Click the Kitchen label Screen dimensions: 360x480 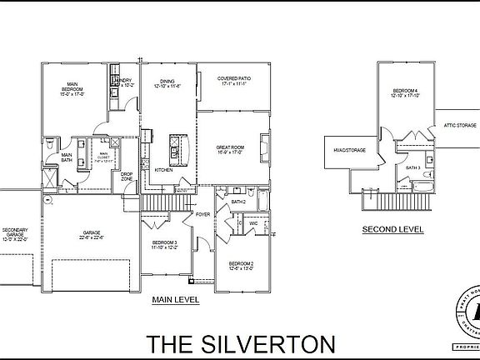(164, 170)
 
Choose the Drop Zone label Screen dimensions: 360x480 (127, 177)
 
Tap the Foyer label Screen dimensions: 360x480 (203, 214)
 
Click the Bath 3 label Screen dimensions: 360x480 (413, 167)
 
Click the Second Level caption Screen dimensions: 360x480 (392, 228)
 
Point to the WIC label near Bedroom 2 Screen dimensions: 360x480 (253, 222)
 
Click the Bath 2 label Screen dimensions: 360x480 (238, 202)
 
